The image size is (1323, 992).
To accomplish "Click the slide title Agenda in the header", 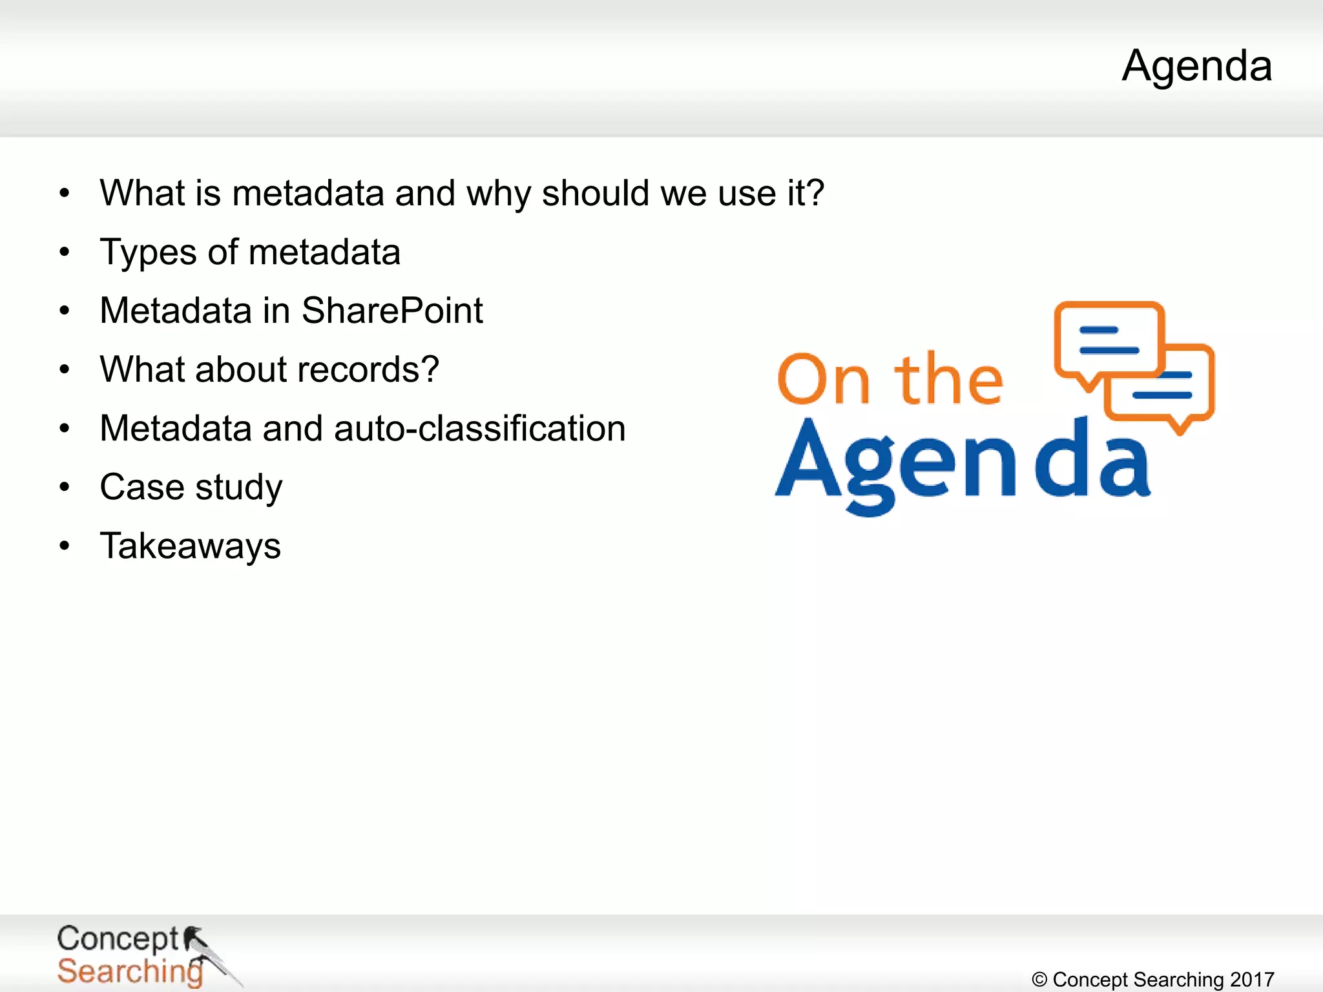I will coord(1196,67).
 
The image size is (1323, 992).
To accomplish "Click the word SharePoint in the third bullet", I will coord(392,311).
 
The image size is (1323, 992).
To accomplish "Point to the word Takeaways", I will coord(191,546).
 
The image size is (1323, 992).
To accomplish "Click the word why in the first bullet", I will coord(498,194).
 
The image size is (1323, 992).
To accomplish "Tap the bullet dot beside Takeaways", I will coord(64,546).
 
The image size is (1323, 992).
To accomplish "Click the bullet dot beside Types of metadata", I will coord(64,253).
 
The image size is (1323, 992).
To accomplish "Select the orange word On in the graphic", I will coord(824,380).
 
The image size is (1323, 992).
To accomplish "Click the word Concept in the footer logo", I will coord(118,939).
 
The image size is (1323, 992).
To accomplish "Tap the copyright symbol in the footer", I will coord(1039,980).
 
